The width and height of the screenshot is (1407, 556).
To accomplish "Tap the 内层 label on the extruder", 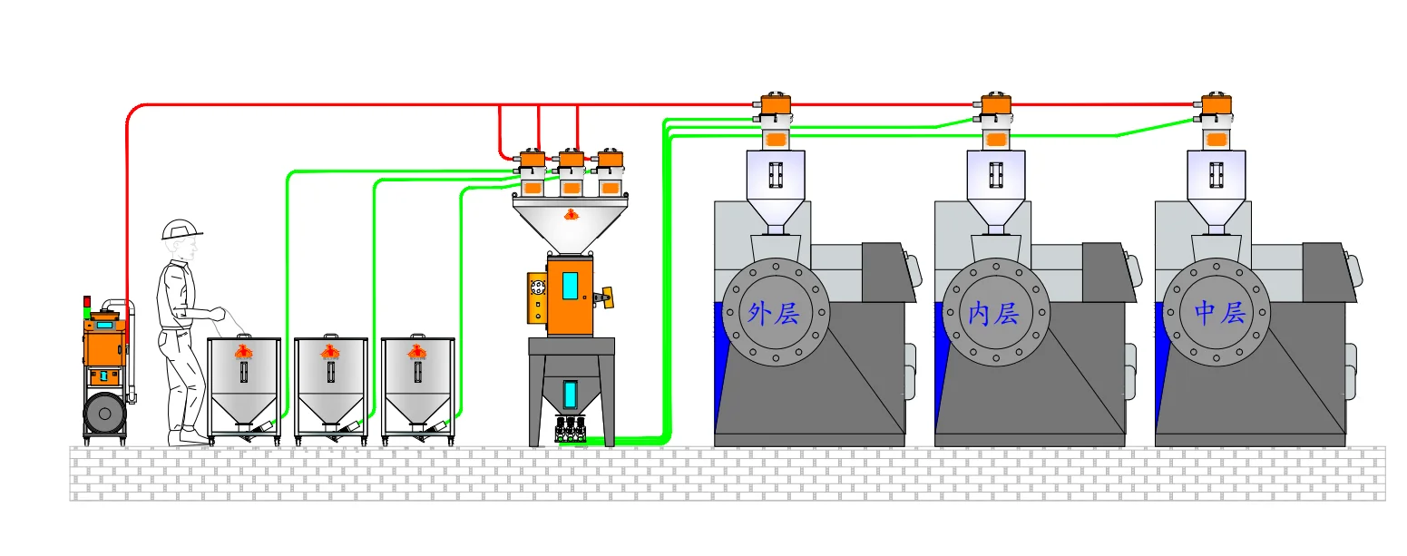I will point(994,314).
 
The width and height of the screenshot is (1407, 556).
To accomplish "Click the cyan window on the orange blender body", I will point(570,286).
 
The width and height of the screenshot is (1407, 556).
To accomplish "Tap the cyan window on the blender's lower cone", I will point(571,395).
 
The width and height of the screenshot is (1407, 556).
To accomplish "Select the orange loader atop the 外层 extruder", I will point(776,105).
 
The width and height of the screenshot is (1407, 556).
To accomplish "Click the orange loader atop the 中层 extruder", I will point(1216,105).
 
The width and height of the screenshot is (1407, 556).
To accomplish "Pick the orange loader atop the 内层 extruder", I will point(996,105).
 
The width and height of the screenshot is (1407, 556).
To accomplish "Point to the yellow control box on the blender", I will point(537,298).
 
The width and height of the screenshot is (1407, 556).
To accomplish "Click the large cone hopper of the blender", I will point(571,222).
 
